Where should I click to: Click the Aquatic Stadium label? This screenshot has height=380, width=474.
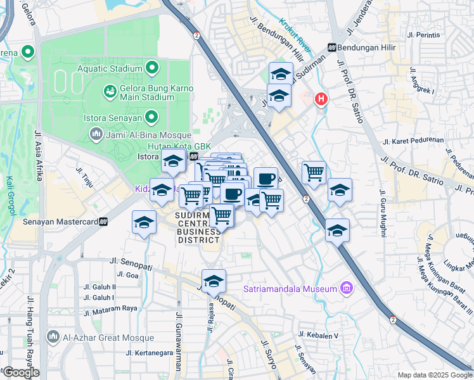pos(109,68)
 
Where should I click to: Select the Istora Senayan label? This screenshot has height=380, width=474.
pos(113,117)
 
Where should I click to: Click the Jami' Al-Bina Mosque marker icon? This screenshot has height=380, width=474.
pos(96,134)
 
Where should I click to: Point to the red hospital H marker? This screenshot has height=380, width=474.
pos(322,99)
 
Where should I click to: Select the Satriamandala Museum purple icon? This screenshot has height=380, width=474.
pos(345,289)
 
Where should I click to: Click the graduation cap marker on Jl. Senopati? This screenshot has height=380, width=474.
pos(214,281)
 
